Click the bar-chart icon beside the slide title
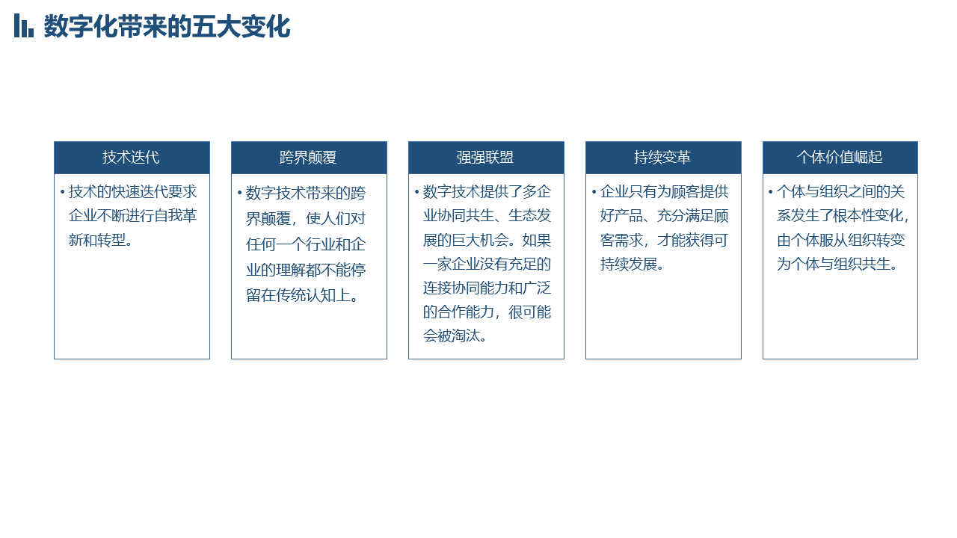[x=23, y=25]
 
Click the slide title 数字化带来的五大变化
[x=167, y=26]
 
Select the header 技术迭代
[x=131, y=157]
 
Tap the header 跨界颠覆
[x=308, y=158]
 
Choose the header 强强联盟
[x=485, y=158]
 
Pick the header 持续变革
[x=662, y=157]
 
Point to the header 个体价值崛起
[x=840, y=157]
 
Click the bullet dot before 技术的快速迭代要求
[x=62, y=192]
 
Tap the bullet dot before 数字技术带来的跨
[x=240, y=193]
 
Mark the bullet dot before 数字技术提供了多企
[x=416, y=192]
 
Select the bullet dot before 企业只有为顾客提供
[x=594, y=192]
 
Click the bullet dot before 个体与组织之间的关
[x=771, y=192]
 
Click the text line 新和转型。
[x=101, y=240]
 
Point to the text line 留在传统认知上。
[x=303, y=295]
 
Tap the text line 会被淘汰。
[x=455, y=336]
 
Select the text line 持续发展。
[x=633, y=264]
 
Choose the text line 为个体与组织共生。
[x=837, y=264]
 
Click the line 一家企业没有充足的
[x=487, y=264]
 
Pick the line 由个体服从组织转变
[x=841, y=240]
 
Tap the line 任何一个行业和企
[x=306, y=244]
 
